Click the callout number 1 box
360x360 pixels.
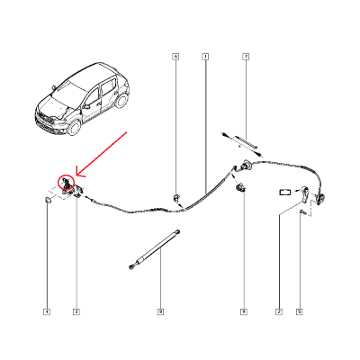pyautogui.click(x=205, y=57)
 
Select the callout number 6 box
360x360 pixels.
pyautogui.click(x=175, y=57)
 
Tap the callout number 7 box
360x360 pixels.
pyautogui.click(x=245, y=57)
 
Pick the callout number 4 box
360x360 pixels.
pyautogui.click(x=47, y=312)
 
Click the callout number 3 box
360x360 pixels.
pyautogui.click(x=76, y=312)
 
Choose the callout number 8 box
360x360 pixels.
pyautogui.click(x=160, y=312)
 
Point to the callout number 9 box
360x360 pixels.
pyautogui.click(x=243, y=312)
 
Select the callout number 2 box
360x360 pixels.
pyautogui.click(x=279, y=312)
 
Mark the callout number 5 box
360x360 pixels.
pyautogui.click(x=300, y=312)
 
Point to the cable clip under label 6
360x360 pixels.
pyautogui.click(x=178, y=196)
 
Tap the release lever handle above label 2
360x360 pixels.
pyautogui.click(x=307, y=194)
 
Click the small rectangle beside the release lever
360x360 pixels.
pyautogui.click(x=284, y=191)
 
